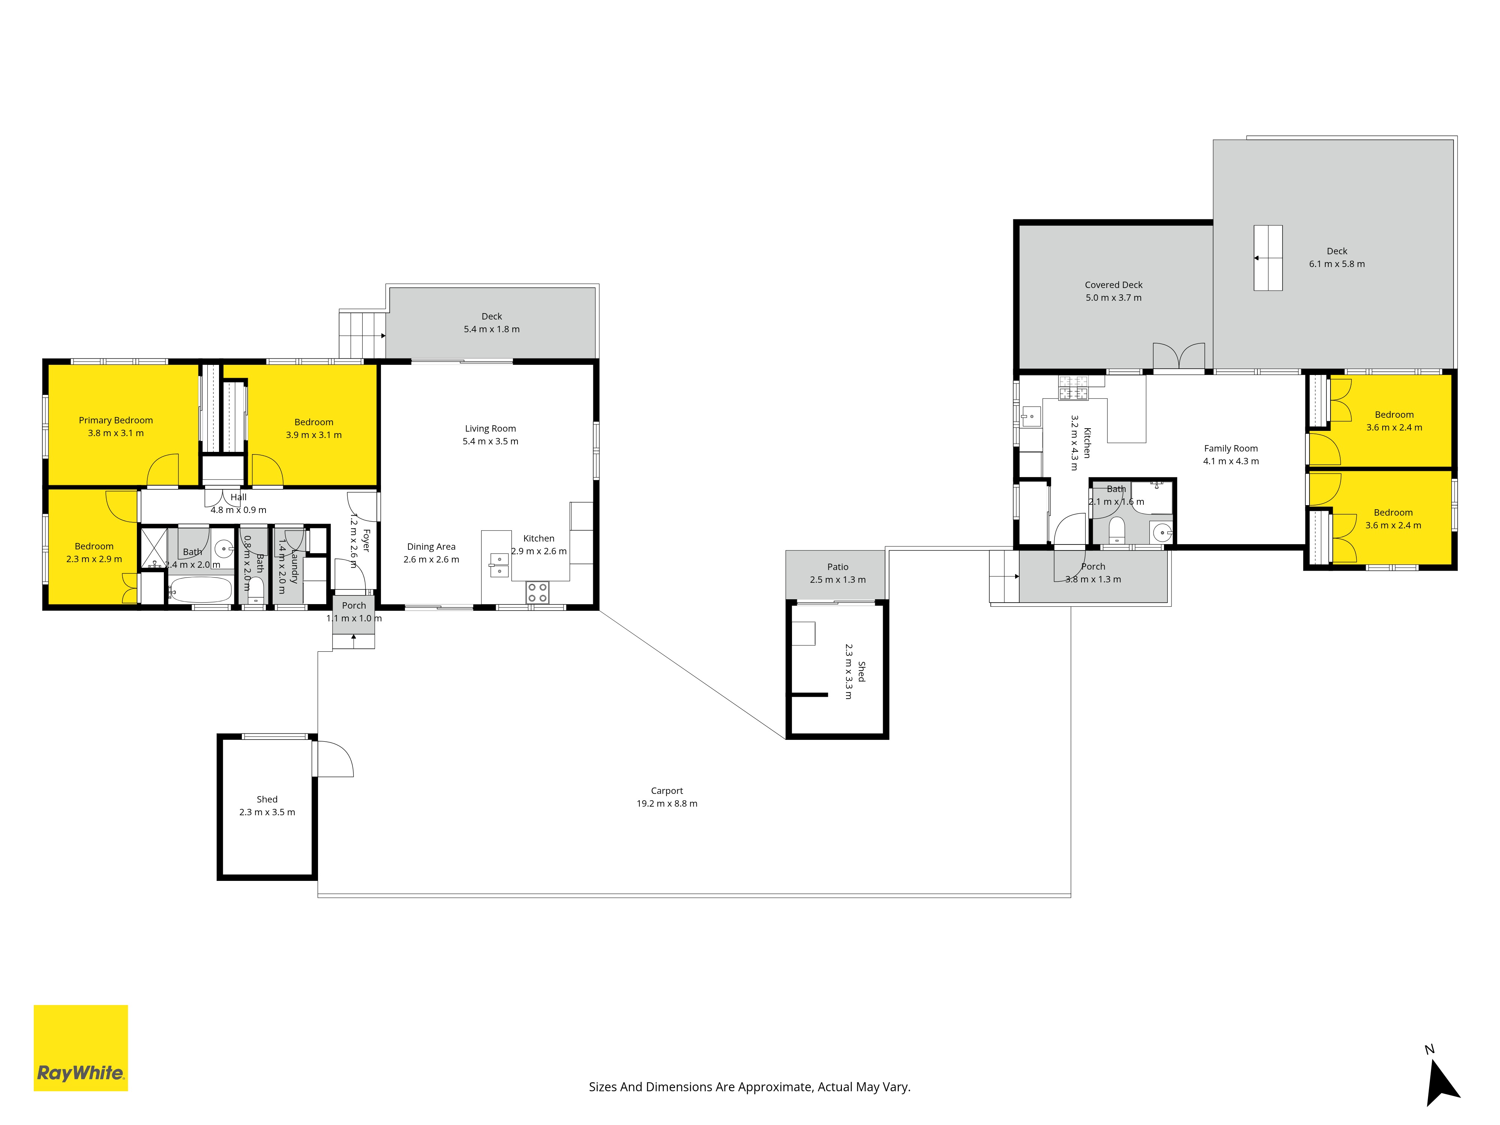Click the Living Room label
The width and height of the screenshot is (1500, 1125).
tap(490, 429)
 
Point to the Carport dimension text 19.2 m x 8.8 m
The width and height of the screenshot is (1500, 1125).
tap(667, 804)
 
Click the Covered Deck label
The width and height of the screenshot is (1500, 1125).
tap(1113, 285)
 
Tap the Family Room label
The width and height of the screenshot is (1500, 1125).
tap(1231, 448)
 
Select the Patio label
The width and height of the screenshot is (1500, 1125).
tap(837, 567)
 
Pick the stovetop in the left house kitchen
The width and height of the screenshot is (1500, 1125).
tap(537, 592)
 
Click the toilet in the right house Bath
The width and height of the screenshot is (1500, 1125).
tap(1116, 529)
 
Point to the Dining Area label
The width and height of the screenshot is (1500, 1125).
tap(431, 547)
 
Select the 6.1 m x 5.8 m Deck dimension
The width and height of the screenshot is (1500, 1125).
tap(1336, 264)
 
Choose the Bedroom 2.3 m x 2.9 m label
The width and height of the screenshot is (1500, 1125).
tap(94, 553)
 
